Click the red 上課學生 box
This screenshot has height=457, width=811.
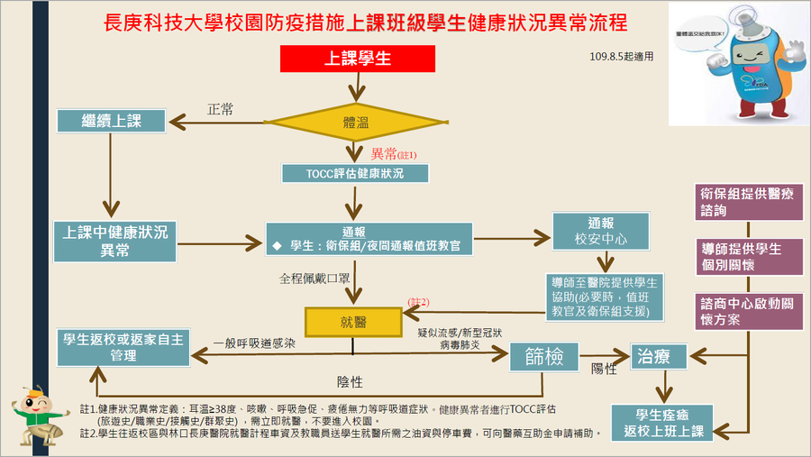358,59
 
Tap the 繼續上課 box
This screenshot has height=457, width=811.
111,120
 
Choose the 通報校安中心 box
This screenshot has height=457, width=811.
601,232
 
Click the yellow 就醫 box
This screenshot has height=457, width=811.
352,322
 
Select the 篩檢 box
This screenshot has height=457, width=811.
542,356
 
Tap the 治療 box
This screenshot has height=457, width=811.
658,356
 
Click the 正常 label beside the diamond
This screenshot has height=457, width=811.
220,109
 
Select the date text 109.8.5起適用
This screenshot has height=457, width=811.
620,55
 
